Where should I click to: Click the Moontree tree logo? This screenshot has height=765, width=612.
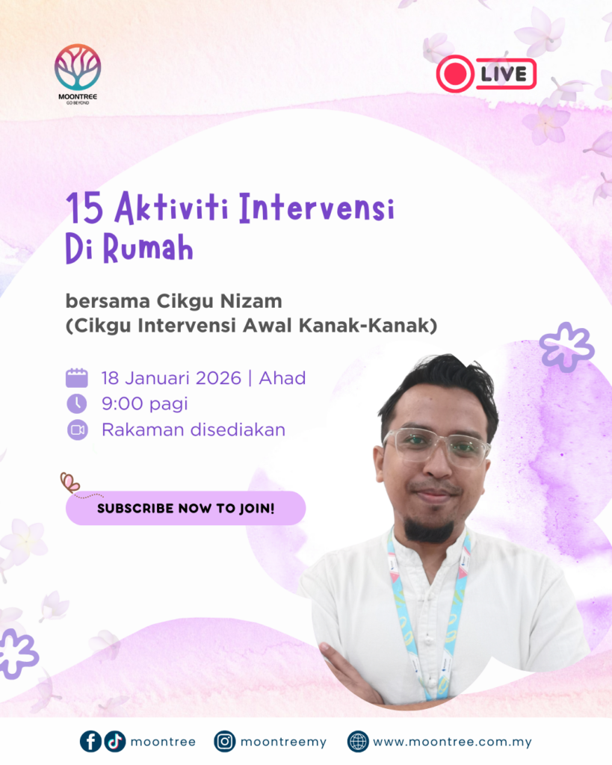pyautogui.click(x=78, y=67)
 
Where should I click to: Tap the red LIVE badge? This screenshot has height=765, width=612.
pyautogui.click(x=486, y=74)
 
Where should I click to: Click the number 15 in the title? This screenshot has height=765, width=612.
pyautogui.click(x=85, y=209)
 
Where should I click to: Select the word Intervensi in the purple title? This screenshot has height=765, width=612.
pyautogui.click(x=317, y=208)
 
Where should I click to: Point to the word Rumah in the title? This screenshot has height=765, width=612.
pyautogui.click(x=149, y=248)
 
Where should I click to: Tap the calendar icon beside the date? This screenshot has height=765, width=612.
pyautogui.click(x=77, y=378)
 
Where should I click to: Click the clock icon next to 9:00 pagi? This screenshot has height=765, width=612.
pyautogui.click(x=77, y=404)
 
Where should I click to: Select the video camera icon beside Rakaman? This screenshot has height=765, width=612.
pyautogui.click(x=77, y=430)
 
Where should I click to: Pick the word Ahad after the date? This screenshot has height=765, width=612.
pyautogui.click(x=282, y=378)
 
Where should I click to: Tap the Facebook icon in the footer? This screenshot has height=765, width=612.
pyautogui.click(x=90, y=742)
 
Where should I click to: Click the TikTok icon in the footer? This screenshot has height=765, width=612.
pyautogui.click(x=115, y=742)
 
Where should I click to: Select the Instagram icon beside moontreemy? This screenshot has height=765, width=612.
pyautogui.click(x=224, y=742)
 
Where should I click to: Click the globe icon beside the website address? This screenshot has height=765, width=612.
pyautogui.click(x=358, y=742)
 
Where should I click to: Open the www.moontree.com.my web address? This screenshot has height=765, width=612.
pyautogui.click(x=452, y=742)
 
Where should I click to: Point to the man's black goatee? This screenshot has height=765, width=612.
pyautogui.click(x=430, y=530)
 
